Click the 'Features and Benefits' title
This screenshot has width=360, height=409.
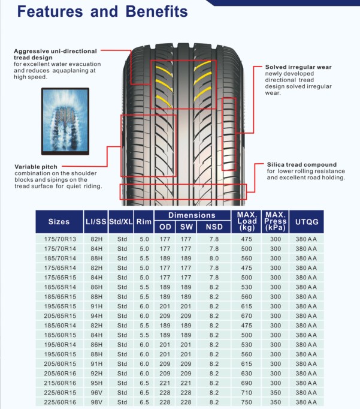pyautogui.click(x=103, y=11)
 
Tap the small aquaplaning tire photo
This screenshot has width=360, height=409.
pyautogui.click(x=65, y=119)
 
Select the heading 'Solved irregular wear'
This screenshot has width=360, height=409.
pyautogui.click(x=298, y=67)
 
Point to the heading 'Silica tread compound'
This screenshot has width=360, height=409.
pyautogui.click(x=302, y=164)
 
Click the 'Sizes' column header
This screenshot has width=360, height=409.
pyautogui.click(x=59, y=221)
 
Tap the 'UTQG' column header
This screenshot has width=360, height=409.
pyautogui.click(x=306, y=221)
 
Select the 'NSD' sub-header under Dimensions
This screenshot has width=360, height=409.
pyautogui.click(x=214, y=227)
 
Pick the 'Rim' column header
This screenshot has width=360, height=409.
pyautogui.click(x=144, y=221)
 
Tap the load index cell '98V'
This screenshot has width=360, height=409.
pyautogui.click(x=96, y=402)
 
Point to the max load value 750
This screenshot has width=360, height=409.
pyautogui.click(x=246, y=402)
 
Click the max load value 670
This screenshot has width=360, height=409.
pyautogui.click(x=246, y=316)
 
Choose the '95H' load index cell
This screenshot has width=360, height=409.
pyautogui.click(x=96, y=383)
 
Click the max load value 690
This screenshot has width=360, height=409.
pyautogui.click(x=246, y=383)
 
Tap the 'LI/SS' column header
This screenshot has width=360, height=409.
pyautogui.click(x=96, y=221)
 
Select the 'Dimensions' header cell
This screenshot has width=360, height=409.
pyautogui.click(x=192, y=215)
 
